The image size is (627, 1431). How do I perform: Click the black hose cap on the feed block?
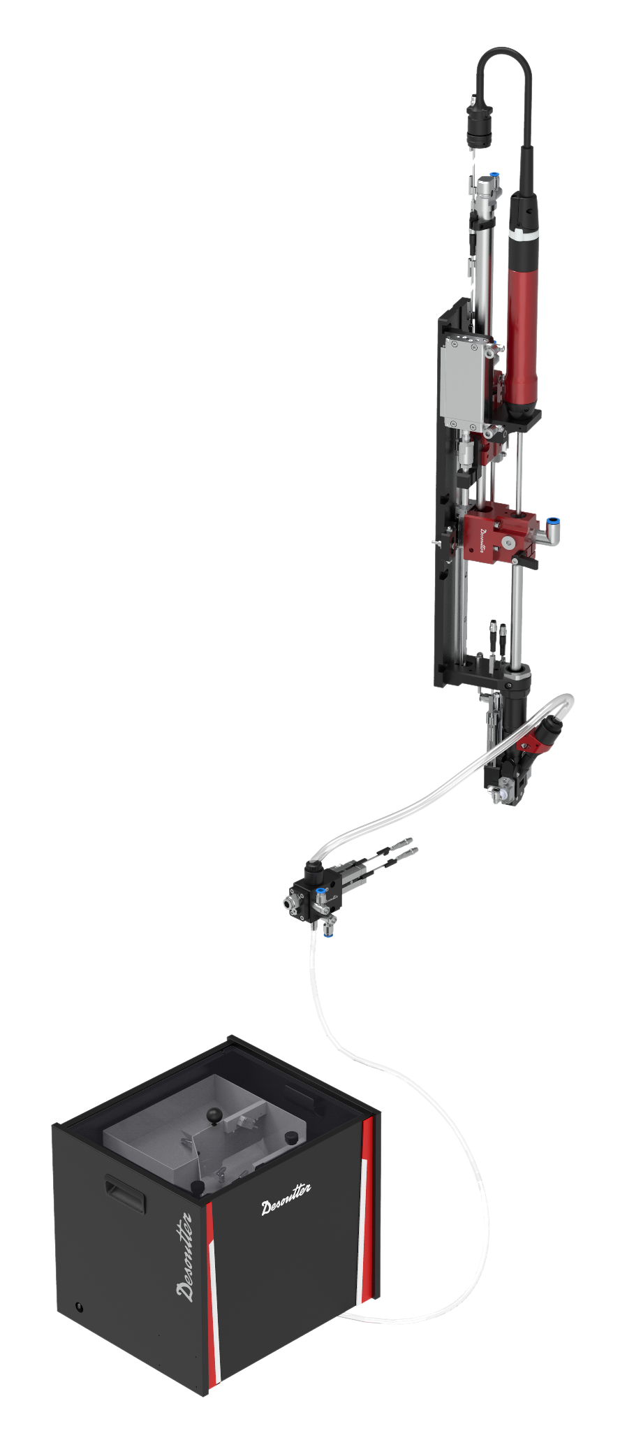[312, 869]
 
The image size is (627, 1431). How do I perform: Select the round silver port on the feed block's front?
[288, 903]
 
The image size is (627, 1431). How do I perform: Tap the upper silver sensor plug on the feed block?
[404, 842]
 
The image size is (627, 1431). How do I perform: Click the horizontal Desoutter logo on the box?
[286, 1199]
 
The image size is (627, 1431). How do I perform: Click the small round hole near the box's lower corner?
[79, 1307]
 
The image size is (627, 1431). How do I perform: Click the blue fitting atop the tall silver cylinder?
[494, 175]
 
